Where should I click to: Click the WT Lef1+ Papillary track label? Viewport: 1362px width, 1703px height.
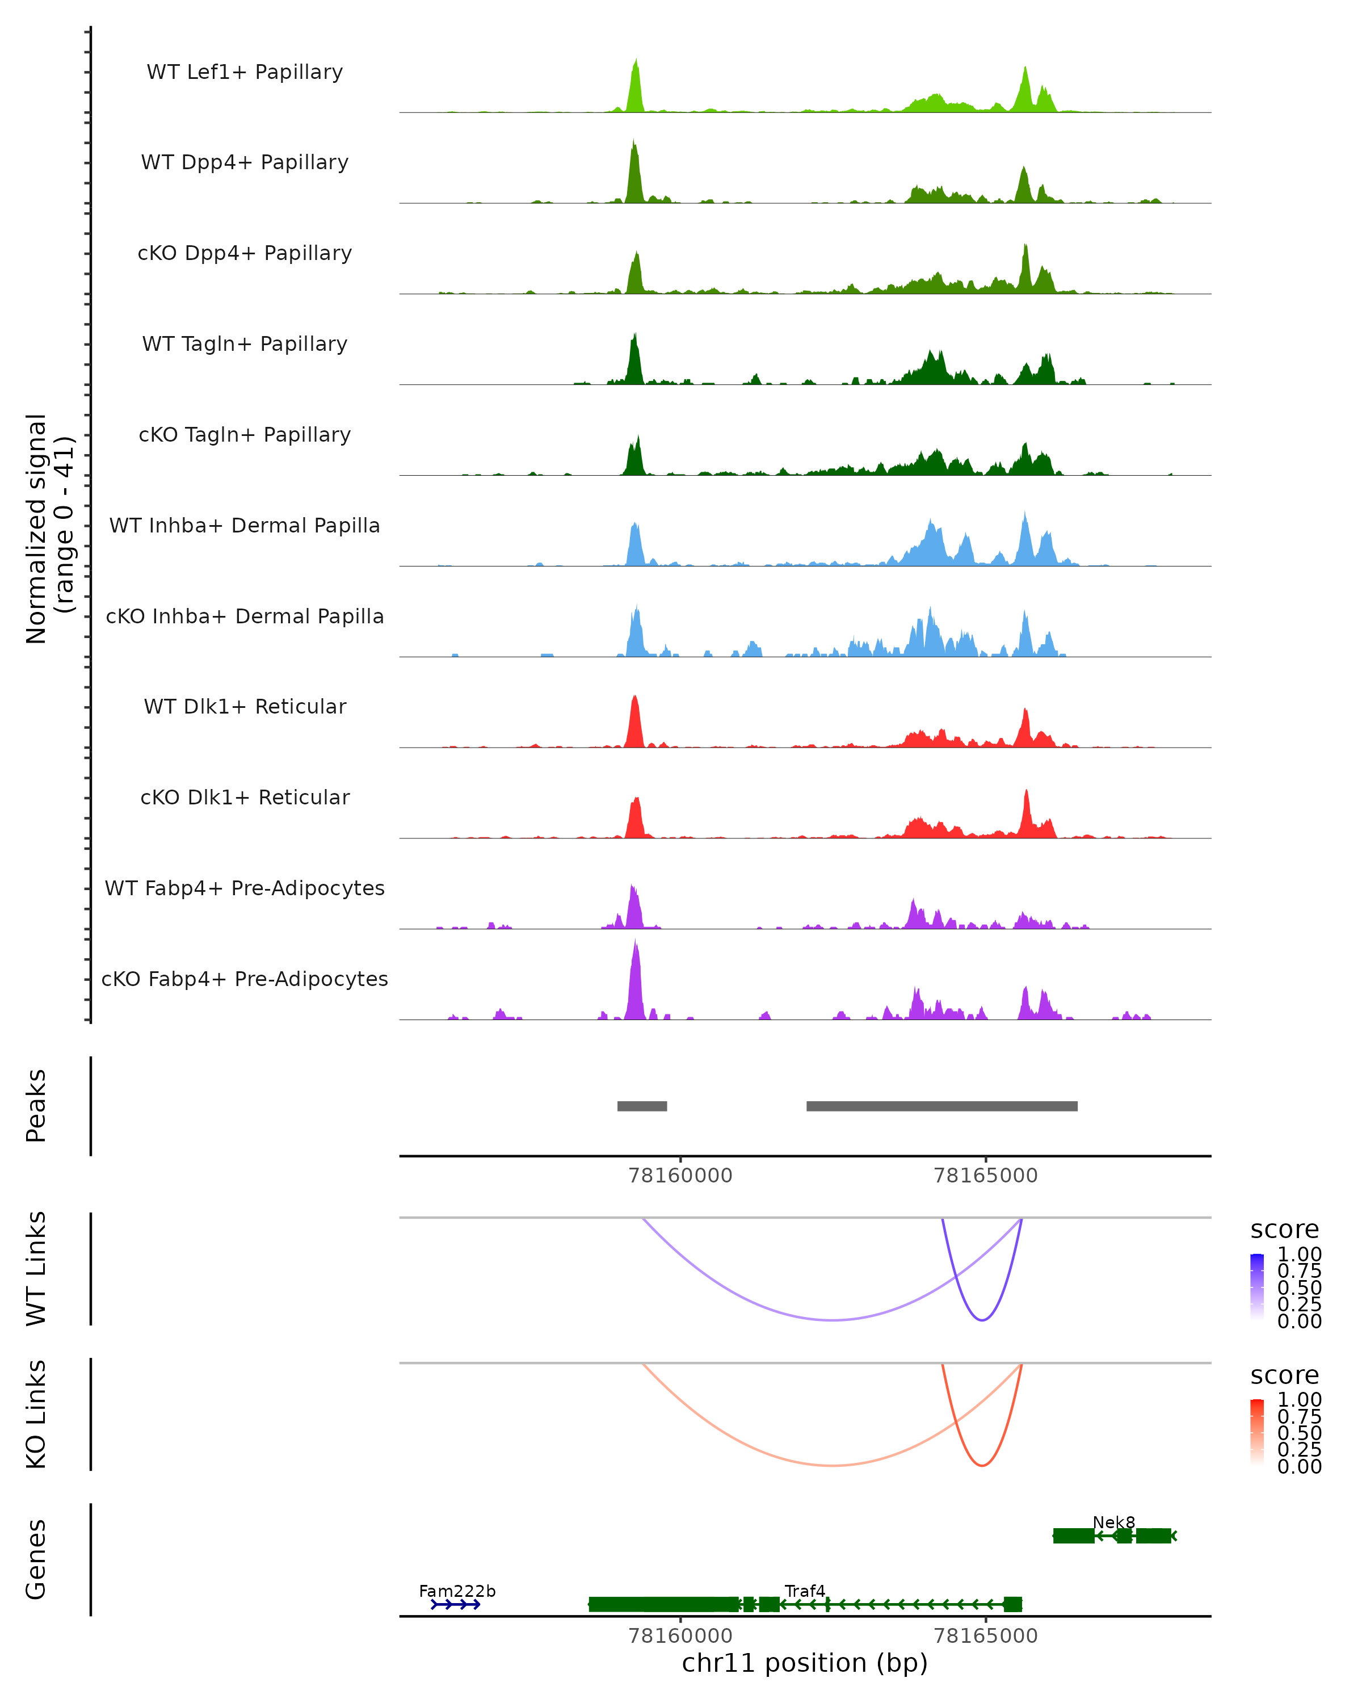coord(245,72)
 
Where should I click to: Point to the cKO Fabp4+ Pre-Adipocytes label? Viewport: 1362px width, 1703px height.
coord(245,979)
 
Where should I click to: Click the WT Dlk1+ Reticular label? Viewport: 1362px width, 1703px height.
coord(245,706)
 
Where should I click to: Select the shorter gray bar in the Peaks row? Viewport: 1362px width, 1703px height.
coord(642,1106)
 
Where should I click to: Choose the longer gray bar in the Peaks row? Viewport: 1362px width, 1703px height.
coord(942,1106)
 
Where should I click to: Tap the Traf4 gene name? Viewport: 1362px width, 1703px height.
coord(805,1591)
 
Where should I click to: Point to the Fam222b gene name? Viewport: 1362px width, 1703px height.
coord(457,1591)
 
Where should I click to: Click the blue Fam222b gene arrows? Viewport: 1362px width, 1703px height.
coord(456,1604)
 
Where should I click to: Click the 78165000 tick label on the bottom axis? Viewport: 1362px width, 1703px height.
coord(985,1636)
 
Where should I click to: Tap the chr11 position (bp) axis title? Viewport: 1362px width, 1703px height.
coord(805,1663)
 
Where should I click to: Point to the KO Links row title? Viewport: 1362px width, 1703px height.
coord(36,1414)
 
